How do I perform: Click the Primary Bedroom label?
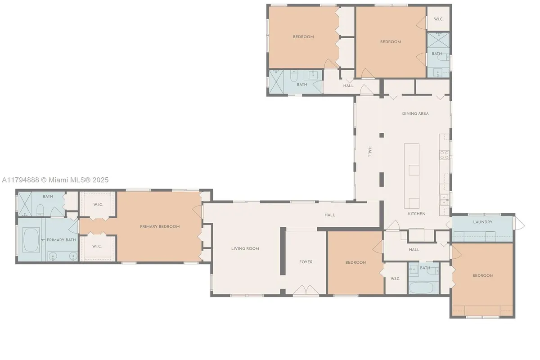coord(160,227)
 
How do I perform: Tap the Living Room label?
coord(245,248)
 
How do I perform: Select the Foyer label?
coord(306,262)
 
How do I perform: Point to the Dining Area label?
coord(415,113)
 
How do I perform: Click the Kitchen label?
coord(417,214)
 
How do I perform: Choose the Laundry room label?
coord(482,222)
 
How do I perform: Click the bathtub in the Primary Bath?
coord(31,240)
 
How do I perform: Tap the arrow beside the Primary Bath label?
coord(43,240)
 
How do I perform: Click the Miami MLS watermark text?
coord(55,180)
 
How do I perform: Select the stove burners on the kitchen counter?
coord(444,155)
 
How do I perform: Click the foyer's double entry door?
coord(306,290)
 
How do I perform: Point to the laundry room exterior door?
coord(519,223)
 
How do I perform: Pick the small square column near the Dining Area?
coord(382,135)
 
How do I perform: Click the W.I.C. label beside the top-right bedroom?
coord(439,19)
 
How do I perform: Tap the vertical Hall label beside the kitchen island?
coord(370,152)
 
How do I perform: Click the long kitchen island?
coord(412,176)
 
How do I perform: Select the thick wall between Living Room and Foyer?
coord(283,251)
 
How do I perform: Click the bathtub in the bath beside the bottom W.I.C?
coord(421,288)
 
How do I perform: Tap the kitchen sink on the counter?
coord(444,200)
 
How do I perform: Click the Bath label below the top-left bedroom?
coord(302,85)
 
